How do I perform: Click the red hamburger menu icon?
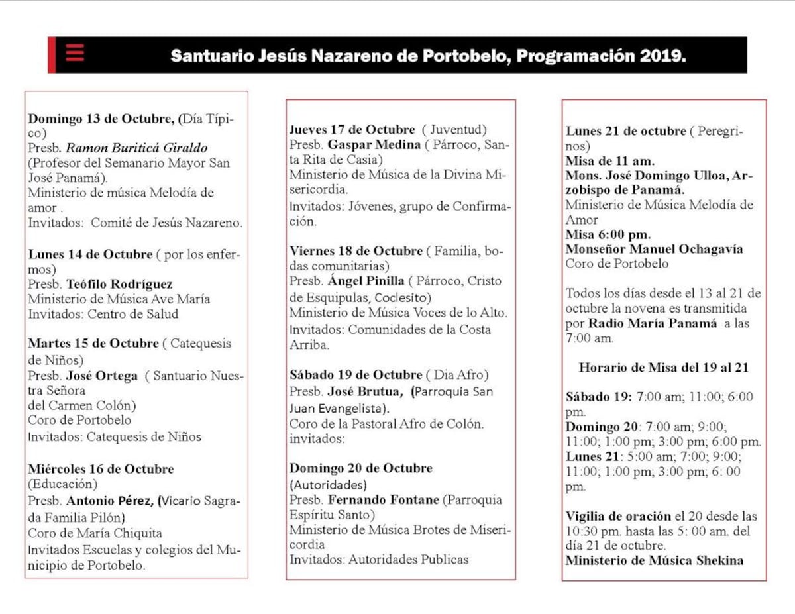74,53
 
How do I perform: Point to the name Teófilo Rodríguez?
119,284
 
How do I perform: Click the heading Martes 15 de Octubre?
93,344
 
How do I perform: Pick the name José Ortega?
102,376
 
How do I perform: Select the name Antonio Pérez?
109,501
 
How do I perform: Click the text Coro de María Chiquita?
95,533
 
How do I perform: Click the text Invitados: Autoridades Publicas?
378,560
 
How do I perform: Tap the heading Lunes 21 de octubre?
626,131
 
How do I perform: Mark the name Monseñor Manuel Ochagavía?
654,249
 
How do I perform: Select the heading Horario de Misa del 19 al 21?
664,367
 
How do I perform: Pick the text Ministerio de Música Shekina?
654,560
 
